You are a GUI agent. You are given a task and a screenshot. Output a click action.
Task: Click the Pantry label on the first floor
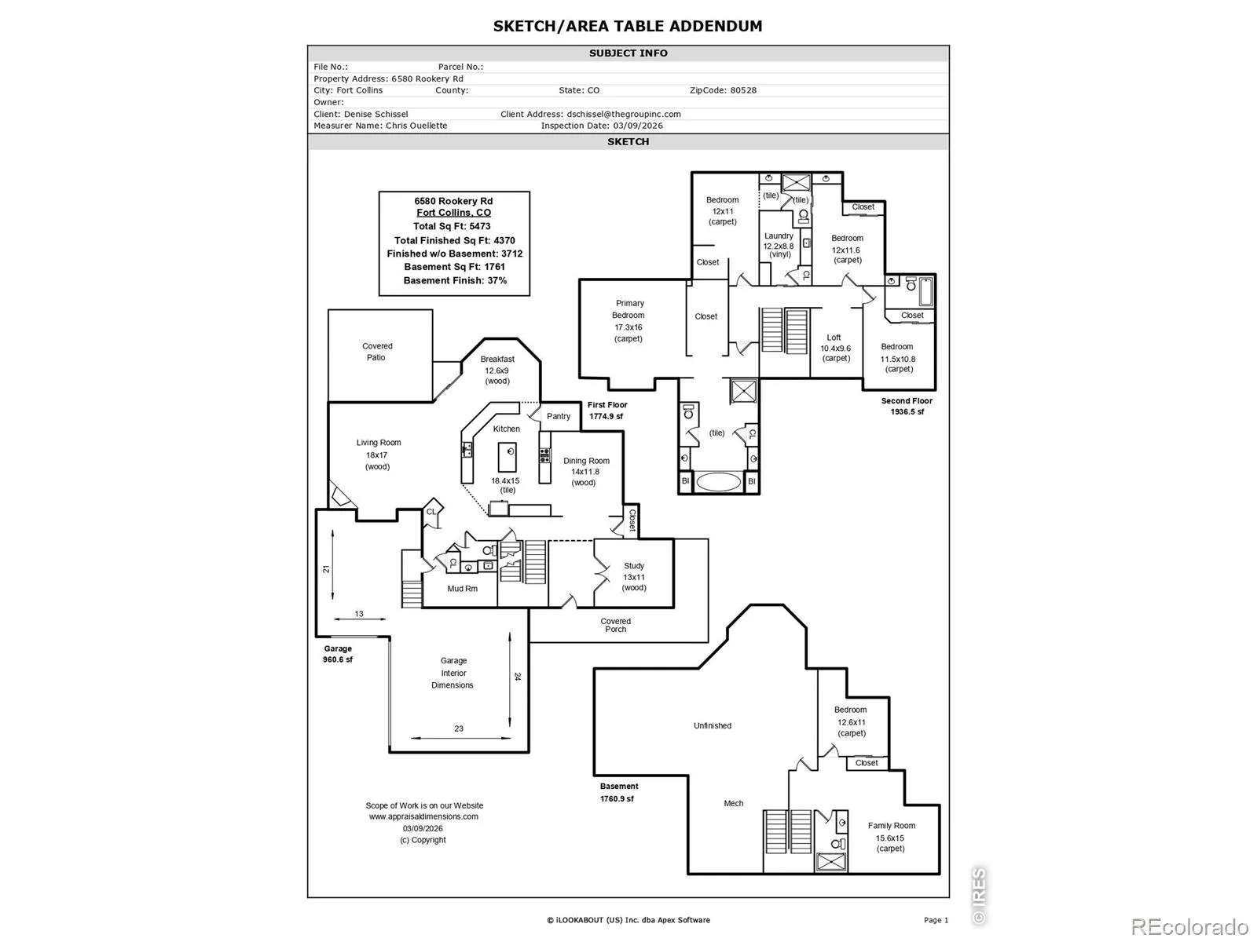559,416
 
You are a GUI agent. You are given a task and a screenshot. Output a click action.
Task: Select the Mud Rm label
462,589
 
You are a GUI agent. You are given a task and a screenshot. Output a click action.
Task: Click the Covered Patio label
377,352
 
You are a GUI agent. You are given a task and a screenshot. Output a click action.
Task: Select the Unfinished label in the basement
713,726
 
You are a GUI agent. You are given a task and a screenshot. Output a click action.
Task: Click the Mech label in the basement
734,803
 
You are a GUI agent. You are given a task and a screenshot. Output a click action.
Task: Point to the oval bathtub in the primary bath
718,481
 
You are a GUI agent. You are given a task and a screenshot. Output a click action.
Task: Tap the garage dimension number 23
459,728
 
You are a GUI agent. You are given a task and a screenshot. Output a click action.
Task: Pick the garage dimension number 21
326,569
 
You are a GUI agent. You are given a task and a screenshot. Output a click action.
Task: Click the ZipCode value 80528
743,90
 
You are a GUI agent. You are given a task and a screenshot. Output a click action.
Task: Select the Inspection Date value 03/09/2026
638,126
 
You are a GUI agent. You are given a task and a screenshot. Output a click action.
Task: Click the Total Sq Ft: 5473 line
453,226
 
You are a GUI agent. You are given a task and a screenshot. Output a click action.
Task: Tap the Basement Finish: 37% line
455,280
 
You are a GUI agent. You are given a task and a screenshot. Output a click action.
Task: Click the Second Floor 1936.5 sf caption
907,406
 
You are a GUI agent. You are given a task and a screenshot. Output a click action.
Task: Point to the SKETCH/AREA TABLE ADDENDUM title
628,26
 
